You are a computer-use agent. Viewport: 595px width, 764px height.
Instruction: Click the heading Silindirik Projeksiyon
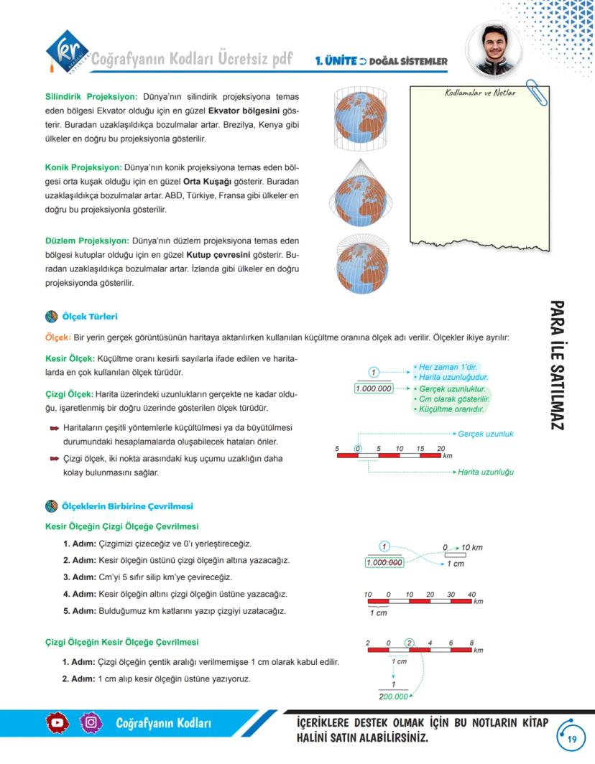pos(91,96)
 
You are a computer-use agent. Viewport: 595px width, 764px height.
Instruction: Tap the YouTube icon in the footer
pos(58,722)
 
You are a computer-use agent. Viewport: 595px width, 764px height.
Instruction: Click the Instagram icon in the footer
pos(91,722)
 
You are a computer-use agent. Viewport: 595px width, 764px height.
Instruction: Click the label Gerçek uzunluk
pos(485,434)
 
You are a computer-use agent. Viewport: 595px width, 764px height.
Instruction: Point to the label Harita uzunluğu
pos(485,472)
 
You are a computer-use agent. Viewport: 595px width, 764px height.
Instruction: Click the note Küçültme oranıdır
pos(451,409)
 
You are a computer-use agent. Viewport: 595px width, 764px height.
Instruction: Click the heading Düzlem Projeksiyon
pos(87,241)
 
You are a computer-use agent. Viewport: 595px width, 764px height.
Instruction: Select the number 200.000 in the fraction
pos(393,697)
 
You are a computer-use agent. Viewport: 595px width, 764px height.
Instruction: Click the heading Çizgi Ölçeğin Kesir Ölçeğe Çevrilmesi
pos(122,642)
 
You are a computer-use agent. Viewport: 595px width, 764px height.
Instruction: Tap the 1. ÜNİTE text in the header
pos(336,61)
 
